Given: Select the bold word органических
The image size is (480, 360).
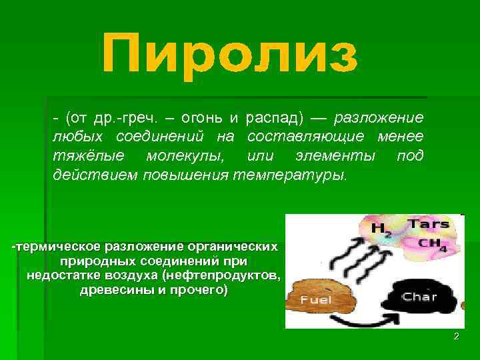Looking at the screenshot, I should pos(230,247).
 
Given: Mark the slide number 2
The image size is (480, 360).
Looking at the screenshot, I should pos(456,337).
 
